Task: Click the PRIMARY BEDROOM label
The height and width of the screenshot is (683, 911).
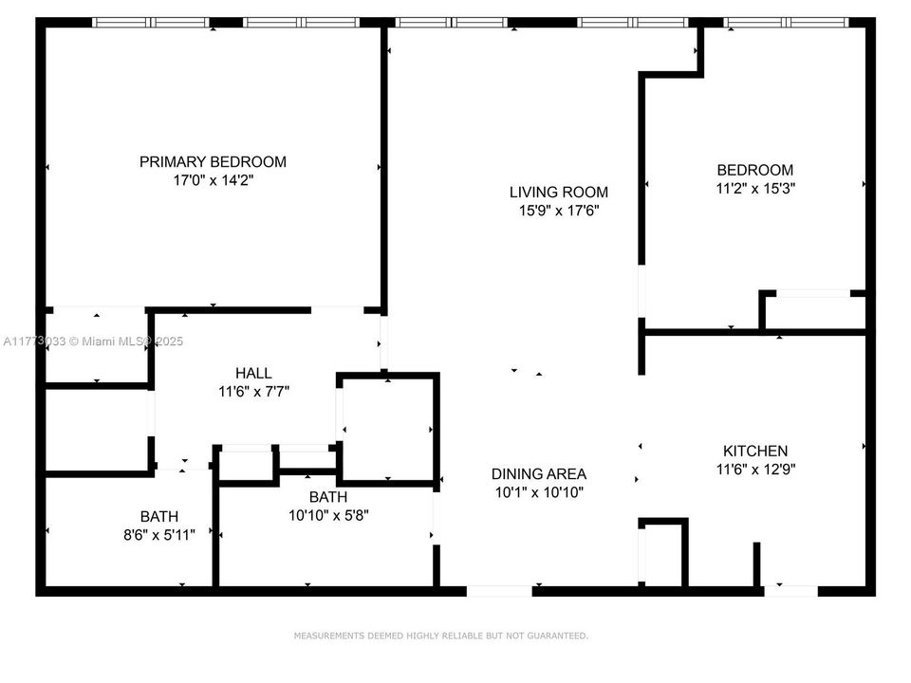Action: pos(213,162)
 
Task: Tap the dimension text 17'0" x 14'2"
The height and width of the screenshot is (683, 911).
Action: pos(213,180)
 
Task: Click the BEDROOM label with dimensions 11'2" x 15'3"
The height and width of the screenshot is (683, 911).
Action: pos(754,171)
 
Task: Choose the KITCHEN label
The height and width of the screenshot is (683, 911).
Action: pos(754,452)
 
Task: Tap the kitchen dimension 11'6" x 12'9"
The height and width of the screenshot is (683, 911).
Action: pos(754,469)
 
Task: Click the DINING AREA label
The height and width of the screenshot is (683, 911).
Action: pos(538,474)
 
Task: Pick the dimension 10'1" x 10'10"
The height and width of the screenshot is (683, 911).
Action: pos(538,492)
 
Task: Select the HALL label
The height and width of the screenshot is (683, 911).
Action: pos(253,373)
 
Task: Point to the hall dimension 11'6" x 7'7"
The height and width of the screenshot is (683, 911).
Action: pos(253,391)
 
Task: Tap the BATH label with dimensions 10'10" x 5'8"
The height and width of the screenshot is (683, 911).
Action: pos(327,497)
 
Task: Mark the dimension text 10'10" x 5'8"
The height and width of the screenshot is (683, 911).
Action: pos(327,515)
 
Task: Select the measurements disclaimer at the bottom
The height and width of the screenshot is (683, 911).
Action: pos(440,636)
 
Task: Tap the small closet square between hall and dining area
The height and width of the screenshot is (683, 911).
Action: pos(388,429)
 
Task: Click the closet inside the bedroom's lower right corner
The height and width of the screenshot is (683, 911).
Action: pos(813,311)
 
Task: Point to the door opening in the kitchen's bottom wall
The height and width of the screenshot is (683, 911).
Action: pos(790,591)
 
